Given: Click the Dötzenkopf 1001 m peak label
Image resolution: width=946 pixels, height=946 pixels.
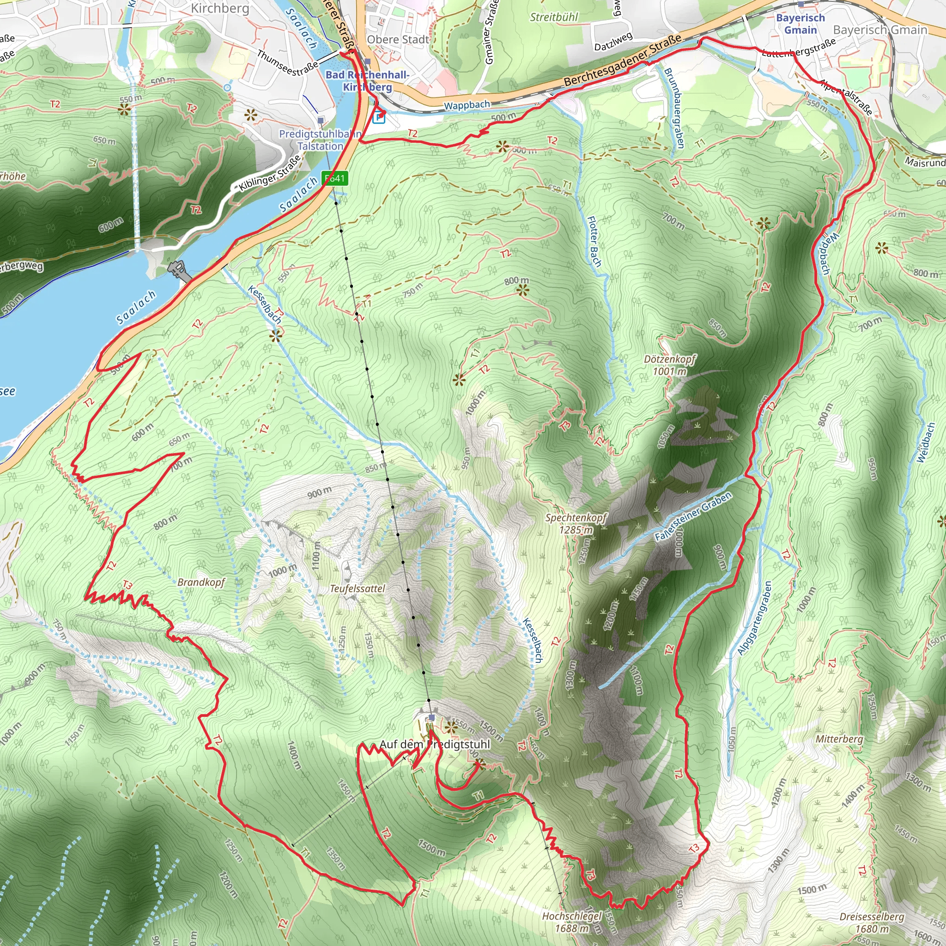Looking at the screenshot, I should [x=669, y=365].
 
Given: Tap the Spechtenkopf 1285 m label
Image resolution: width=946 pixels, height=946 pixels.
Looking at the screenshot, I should [x=576, y=523].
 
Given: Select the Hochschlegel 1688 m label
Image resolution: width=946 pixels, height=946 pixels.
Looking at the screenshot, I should [x=571, y=922].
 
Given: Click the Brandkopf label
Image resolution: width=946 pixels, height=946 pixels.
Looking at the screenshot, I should [x=201, y=582].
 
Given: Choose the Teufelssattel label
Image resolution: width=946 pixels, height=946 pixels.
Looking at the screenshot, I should [x=358, y=588].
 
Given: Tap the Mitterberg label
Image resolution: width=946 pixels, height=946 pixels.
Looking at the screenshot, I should [x=839, y=739].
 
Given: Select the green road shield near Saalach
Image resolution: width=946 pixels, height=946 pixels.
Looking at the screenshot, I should [x=335, y=178].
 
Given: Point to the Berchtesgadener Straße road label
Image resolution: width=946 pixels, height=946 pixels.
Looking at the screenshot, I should [x=622, y=61].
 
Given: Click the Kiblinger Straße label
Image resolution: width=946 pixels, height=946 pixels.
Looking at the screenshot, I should [x=270, y=173].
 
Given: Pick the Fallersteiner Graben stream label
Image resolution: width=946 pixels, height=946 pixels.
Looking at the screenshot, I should [x=693, y=516].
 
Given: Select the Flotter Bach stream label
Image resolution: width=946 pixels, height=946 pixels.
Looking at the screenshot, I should [x=594, y=242].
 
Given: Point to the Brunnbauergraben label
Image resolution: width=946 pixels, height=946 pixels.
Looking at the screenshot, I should [x=674, y=108].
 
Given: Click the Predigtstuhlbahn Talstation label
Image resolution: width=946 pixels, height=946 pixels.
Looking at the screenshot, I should [x=320, y=140].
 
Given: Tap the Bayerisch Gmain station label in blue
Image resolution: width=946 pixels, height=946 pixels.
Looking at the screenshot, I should [x=800, y=24].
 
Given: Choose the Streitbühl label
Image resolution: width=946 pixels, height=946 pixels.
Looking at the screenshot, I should [x=554, y=17].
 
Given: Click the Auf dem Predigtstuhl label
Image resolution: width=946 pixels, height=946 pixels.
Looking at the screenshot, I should [x=434, y=744].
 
